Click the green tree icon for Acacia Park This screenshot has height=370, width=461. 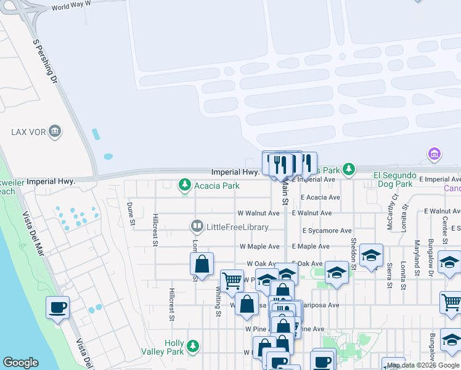click(x=184, y=185)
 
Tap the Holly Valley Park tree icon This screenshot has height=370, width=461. click(x=194, y=347)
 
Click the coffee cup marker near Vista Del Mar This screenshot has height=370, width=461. click(x=58, y=307)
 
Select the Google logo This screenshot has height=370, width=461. click(x=20, y=363)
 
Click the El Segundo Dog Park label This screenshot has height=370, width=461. click(x=394, y=179)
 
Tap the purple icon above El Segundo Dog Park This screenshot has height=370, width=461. click(x=434, y=154)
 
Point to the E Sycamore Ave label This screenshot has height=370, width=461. click(x=327, y=231)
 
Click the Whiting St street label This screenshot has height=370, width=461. click(x=218, y=302)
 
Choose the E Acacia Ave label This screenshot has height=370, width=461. click(x=320, y=198)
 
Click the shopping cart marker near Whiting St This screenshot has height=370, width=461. click(x=232, y=280)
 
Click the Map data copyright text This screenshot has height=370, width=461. click(x=423, y=365)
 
